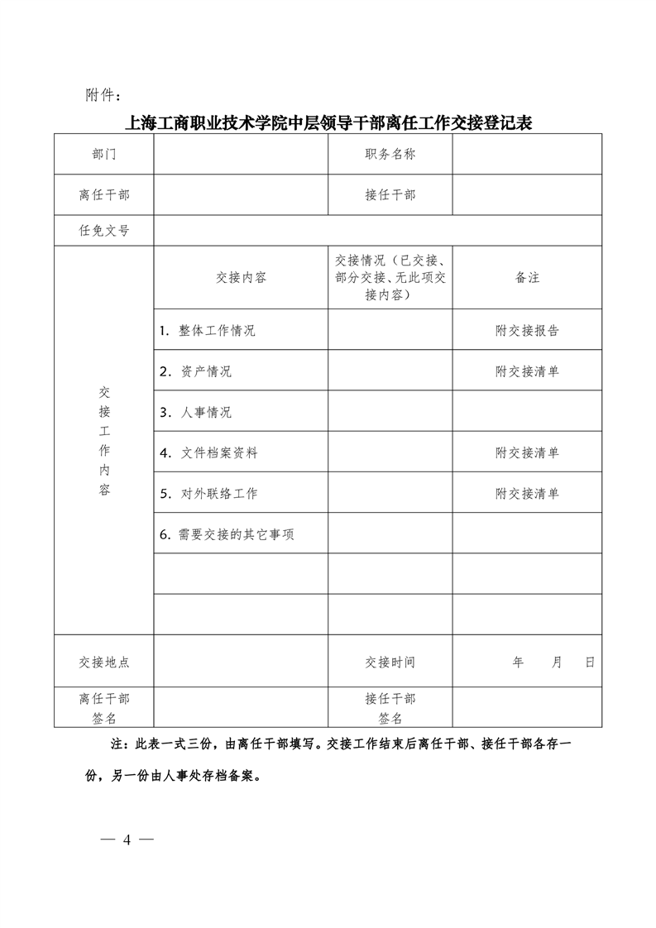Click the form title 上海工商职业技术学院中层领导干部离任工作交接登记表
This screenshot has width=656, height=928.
point(328,124)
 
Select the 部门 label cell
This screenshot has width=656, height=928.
point(104,155)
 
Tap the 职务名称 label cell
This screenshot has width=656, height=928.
point(390,155)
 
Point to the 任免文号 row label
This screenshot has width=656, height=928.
point(104,231)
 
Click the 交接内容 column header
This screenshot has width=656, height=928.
point(241,278)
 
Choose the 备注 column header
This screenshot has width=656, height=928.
point(527,278)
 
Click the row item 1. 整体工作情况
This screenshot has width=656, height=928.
point(208,331)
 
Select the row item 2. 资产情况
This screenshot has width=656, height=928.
point(196,371)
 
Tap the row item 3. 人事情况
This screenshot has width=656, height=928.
point(196,412)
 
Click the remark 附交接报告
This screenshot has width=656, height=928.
point(527,331)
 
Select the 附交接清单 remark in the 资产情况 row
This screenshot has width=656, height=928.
point(527,371)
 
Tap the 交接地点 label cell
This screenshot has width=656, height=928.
point(104,663)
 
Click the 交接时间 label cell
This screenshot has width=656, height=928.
point(390,663)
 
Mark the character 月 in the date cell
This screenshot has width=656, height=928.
point(557,663)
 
